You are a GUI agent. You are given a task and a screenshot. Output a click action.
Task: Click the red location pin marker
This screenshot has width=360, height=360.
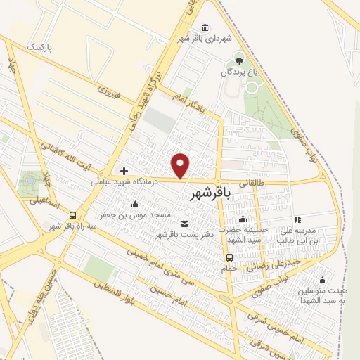(181, 165)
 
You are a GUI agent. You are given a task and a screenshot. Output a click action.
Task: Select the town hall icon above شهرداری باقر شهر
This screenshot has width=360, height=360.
(205, 27)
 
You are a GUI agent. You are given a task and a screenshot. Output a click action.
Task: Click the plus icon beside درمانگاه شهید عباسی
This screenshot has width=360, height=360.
(124, 170)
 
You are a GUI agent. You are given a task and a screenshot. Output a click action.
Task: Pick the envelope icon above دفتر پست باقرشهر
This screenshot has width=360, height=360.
(184, 224)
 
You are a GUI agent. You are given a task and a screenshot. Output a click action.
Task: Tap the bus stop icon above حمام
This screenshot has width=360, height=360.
(230, 257)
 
